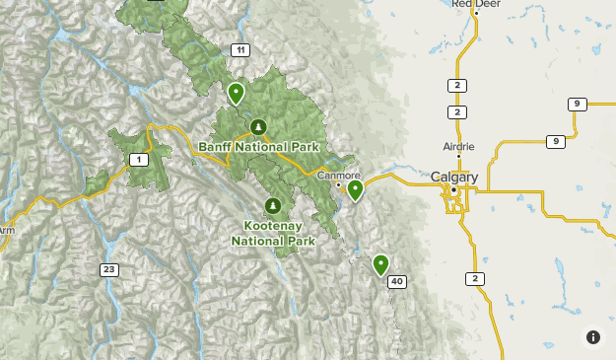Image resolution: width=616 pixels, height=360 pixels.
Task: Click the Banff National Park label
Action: (259, 147)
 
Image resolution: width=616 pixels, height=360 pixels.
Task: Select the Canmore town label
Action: (338, 175)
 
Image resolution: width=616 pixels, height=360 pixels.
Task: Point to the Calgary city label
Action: (454, 178)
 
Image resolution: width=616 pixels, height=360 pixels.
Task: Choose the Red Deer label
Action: (475, 4)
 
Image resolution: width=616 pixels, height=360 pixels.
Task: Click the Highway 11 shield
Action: (240, 50)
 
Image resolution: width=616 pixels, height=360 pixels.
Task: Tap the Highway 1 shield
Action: (140, 160)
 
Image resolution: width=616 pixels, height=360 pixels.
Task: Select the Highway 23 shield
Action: (108, 269)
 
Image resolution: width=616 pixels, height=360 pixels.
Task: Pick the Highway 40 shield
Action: (397, 282)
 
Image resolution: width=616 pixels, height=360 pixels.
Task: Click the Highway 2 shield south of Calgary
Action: (476, 279)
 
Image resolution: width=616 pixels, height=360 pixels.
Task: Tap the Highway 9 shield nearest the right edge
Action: (578, 105)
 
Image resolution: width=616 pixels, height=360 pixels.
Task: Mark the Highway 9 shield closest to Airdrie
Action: (556, 142)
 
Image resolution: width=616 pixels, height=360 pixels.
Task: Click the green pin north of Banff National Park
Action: (236, 93)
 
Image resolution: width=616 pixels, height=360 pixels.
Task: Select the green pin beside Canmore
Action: (355, 189)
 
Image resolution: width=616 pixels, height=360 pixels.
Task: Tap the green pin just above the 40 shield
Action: (380, 263)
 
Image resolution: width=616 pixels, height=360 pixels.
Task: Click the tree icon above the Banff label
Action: (258, 126)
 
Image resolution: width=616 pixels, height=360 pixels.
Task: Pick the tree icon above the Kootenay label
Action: (273, 206)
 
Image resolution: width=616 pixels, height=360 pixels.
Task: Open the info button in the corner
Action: (593, 337)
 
